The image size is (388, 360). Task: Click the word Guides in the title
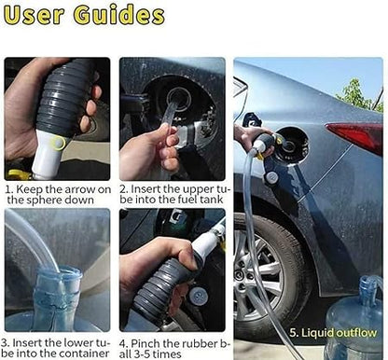119,15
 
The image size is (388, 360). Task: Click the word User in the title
35,15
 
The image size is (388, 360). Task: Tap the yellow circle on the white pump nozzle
59,143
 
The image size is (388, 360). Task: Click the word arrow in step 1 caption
76,189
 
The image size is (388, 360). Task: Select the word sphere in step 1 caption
45,200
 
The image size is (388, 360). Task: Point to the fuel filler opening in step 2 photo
179,99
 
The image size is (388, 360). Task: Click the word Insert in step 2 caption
145,189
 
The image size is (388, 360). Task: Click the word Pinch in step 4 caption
146,343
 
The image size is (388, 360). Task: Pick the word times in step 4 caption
167,354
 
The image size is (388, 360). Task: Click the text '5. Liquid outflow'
333,333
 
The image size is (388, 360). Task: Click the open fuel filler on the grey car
291,145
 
